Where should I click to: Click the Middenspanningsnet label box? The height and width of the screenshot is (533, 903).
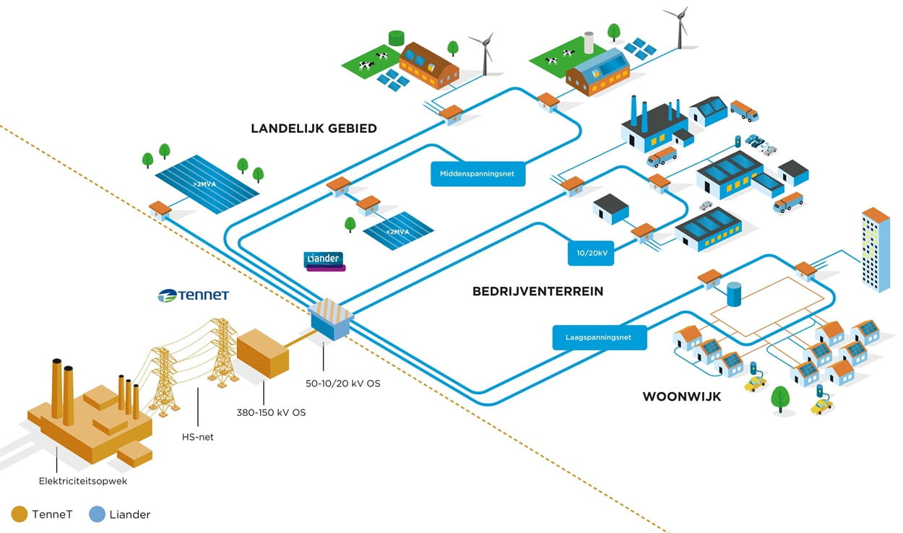coord(478,173)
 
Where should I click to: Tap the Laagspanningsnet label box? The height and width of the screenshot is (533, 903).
coord(600,337)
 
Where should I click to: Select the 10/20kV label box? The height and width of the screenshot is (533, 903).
coord(591,253)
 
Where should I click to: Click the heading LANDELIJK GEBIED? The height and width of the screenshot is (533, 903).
coord(314,129)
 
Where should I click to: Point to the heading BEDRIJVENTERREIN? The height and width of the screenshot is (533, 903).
coord(537,292)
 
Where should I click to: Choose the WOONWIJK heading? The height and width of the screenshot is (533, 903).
coord(681,396)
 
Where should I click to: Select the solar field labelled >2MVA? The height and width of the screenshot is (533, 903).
coord(207,185)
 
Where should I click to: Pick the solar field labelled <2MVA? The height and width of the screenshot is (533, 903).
coord(399,231)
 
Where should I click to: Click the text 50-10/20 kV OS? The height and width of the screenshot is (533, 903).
coord(342,383)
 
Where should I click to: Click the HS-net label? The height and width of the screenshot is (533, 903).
coord(198,436)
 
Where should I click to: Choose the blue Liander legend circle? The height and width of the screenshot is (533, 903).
coord(97,514)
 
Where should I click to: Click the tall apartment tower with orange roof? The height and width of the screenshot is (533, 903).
coord(875,249)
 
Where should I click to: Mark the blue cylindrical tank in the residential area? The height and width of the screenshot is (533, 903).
coord(734,294)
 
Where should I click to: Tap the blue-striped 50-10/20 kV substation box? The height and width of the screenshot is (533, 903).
coord(330,319)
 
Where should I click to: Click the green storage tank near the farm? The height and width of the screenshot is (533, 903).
coord(396,38)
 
